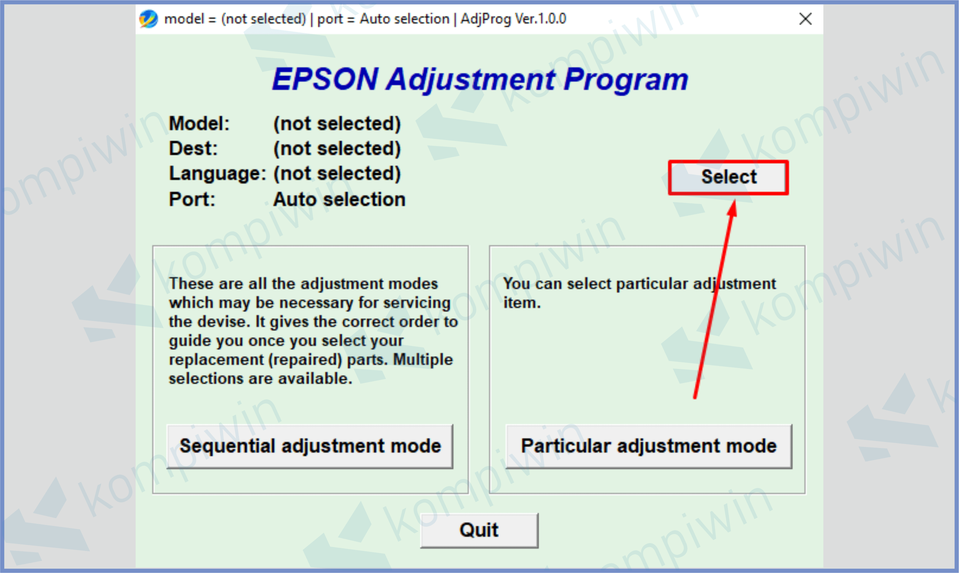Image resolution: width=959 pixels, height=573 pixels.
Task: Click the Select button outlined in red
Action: point(729,177)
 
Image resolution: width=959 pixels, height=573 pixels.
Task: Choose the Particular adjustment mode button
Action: point(649,446)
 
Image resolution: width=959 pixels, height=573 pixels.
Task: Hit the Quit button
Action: point(479,530)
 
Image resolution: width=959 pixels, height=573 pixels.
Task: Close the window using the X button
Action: point(805,18)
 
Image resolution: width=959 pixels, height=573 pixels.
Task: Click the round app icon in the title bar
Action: point(148,18)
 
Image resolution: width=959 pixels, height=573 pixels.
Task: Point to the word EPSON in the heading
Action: point(325,79)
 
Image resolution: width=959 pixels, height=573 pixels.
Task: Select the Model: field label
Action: point(199,124)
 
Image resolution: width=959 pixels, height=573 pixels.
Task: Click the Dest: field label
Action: point(194,149)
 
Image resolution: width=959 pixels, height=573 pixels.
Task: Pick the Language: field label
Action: point(218,174)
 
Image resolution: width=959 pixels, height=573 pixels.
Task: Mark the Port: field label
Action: point(192,200)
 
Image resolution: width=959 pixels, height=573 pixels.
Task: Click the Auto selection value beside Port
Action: point(340,200)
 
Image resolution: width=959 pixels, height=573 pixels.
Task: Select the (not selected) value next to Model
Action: point(337,124)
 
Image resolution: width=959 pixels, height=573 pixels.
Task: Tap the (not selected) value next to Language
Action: point(337,174)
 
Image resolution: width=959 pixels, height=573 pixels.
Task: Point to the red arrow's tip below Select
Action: point(734,200)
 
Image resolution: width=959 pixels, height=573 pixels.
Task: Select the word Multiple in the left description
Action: point(423,360)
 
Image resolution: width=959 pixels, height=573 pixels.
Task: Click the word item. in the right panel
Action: point(522,303)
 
